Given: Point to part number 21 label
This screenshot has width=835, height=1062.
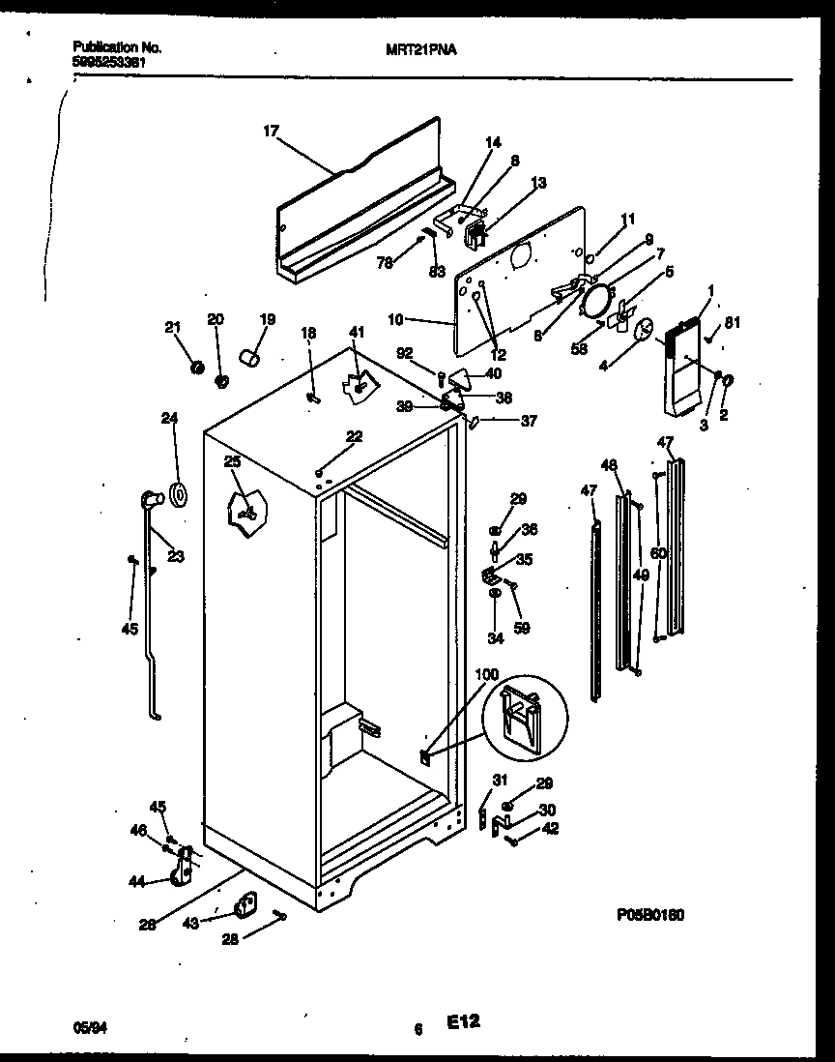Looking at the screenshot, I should [x=175, y=329].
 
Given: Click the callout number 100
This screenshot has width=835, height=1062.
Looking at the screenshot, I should [x=487, y=673].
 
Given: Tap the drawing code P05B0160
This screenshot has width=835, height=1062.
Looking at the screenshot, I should [x=649, y=914].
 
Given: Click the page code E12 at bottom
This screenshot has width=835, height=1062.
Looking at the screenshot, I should [x=464, y=1021].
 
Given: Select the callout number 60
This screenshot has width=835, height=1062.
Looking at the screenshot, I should [x=658, y=553].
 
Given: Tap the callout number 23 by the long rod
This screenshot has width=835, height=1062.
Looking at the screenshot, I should [x=175, y=556].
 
